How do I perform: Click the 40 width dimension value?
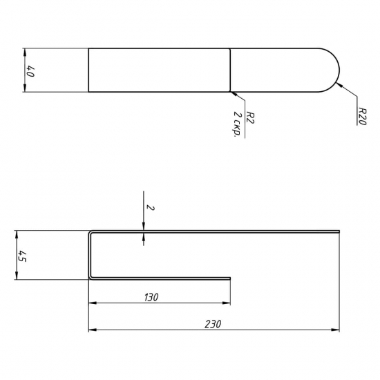(x=30, y=71)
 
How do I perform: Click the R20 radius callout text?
(x=362, y=116)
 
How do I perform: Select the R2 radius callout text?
(x=250, y=117)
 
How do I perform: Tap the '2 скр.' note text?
(x=238, y=124)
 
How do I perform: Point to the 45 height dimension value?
(x=22, y=256)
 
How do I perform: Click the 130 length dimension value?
(x=151, y=297)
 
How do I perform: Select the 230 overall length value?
(x=213, y=324)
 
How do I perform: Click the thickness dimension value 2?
(x=151, y=208)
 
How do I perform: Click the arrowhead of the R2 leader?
(x=233, y=93)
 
